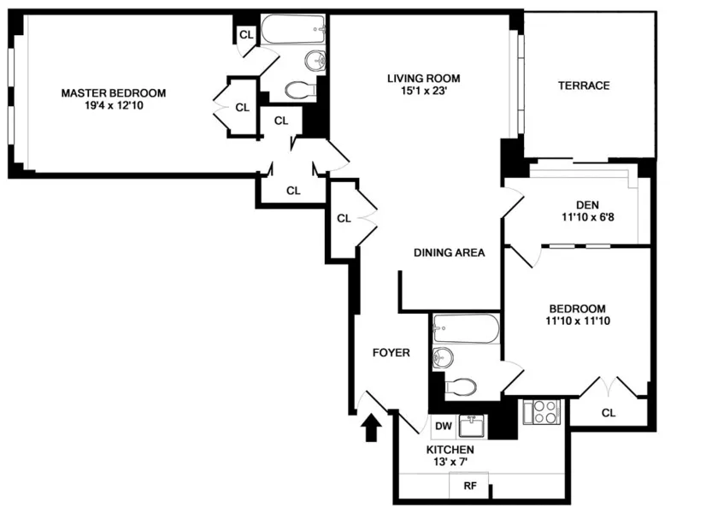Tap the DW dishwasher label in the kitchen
click(x=443, y=426)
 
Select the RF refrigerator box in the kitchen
click(x=469, y=486)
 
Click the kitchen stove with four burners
click(x=544, y=413)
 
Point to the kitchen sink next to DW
click(x=471, y=425)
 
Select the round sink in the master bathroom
click(x=314, y=61)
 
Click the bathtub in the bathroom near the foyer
click(x=466, y=327)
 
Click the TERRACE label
click(x=584, y=85)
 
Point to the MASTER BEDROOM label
click(x=113, y=93)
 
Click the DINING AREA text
click(x=449, y=252)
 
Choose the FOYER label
click(x=391, y=352)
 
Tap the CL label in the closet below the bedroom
click(x=608, y=413)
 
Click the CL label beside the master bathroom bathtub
click(x=246, y=34)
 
